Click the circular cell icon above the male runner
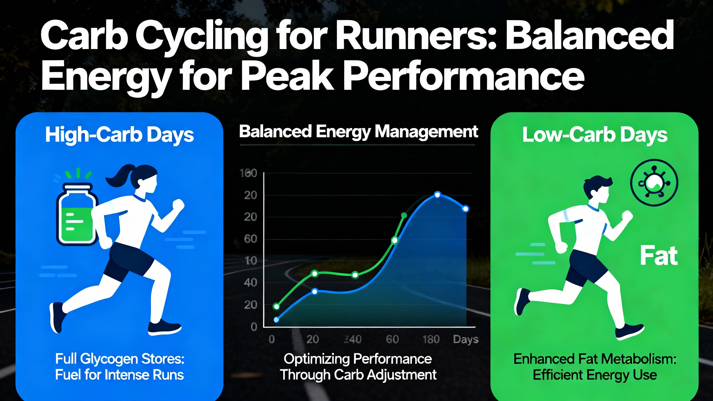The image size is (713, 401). tap(654, 183)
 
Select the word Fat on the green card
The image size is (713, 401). tap(659, 256)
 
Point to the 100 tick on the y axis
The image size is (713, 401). tap(248, 173)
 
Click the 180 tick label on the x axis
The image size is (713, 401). tap(431, 339)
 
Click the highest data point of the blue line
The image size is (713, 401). tap(438, 195)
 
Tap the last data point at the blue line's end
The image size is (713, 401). tap(465, 209)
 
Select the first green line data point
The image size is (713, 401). tap(276, 307)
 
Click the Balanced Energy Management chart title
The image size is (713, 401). tap(358, 132)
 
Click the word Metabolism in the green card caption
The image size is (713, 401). tap(628, 359)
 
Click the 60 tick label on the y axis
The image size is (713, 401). tap(250, 239)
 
